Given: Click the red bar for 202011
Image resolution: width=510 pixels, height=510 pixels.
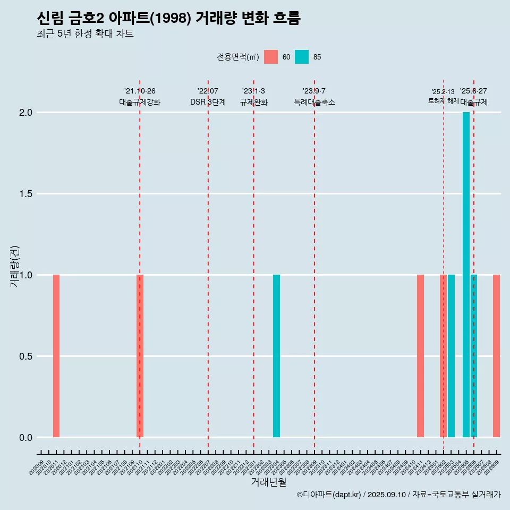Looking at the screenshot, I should click(56, 356).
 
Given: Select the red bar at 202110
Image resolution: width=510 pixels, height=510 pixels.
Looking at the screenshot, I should click(140, 356).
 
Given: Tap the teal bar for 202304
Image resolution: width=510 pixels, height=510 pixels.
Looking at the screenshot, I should click(276, 356).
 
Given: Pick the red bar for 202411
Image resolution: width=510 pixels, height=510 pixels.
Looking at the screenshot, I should click(420, 356).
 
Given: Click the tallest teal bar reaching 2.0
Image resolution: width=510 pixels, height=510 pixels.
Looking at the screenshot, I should click(466, 275).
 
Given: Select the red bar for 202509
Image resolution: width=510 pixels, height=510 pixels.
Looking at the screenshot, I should click(496, 356).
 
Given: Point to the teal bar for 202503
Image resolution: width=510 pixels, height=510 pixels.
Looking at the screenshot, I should click(451, 356).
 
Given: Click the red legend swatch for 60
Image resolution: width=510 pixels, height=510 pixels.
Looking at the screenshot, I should click(271, 57).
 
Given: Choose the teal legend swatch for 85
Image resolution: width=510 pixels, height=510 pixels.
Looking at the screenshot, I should click(302, 57).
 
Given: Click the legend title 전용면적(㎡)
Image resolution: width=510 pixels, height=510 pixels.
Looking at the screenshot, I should click(238, 57).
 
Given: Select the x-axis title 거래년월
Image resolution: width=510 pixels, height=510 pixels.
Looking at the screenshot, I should click(268, 482).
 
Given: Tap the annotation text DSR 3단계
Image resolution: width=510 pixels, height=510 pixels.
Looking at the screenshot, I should click(208, 102).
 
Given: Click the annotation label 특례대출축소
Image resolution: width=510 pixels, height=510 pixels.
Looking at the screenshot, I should click(314, 102).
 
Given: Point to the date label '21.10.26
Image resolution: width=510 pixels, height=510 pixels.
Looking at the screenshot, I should click(140, 91).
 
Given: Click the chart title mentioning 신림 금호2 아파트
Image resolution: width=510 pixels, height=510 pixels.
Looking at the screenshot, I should click(169, 19).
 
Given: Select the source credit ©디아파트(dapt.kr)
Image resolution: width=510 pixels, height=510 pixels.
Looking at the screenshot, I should click(329, 495).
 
